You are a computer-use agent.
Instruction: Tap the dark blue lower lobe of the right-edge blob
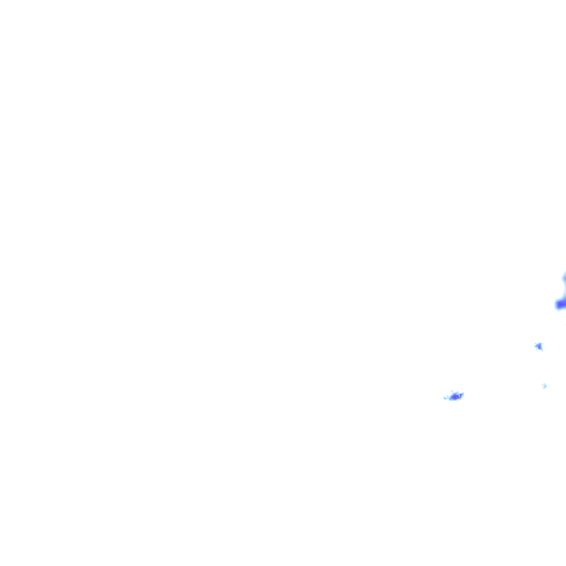tap(561, 304)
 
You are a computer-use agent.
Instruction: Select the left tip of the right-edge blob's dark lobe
tap(556, 304)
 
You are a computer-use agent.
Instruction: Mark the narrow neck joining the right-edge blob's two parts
tap(564, 291)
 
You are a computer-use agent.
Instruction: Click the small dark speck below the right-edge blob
tap(539, 346)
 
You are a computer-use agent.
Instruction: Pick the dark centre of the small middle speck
tap(539, 346)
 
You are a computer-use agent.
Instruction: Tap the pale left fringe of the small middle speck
tap(535, 345)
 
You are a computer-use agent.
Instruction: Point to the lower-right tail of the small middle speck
tap(541, 349)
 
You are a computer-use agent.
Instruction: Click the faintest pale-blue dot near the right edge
tap(545, 385)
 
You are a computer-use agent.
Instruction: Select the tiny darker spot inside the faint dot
tap(545, 385)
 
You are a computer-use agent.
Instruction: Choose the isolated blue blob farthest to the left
tap(455, 396)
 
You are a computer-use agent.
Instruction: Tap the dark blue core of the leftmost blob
tap(455, 396)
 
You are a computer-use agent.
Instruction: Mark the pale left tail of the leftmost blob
tap(446, 398)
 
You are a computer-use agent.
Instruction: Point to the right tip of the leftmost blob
tap(463, 394)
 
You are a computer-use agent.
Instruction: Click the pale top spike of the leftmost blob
tap(453, 392)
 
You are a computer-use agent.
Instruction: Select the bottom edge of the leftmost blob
tap(455, 400)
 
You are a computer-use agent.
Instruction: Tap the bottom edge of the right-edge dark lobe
tap(560, 309)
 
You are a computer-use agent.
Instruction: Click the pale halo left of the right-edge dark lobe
tap(554, 303)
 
